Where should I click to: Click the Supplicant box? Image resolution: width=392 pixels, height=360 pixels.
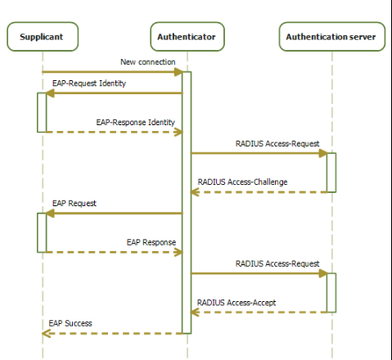pyautogui.click(x=43, y=37)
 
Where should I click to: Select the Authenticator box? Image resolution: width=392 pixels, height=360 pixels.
pyautogui.click(x=187, y=37)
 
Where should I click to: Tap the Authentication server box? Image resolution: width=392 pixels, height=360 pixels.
pyautogui.click(x=332, y=37)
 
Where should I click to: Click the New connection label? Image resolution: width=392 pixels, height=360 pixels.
pyautogui.click(x=148, y=62)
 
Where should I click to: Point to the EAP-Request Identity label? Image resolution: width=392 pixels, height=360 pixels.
pyautogui.click(x=89, y=83)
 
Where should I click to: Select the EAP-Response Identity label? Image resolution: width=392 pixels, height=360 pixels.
pyautogui.click(x=136, y=122)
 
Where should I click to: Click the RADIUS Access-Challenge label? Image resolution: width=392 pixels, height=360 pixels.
pyautogui.click(x=242, y=182)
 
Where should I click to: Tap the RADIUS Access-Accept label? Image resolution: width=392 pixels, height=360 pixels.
pyautogui.click(x=237, y=303)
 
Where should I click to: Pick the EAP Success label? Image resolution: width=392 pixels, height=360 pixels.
pyautogui.click(x=70, y=323)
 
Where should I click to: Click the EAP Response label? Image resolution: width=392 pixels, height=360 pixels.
pyautogui.click(x=151, y=242)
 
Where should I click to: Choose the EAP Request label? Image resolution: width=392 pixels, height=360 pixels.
pyautogui.click(x=74, y=203)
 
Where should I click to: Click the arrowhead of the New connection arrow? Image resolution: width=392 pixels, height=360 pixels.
pyautogui.click(x=178, y=72)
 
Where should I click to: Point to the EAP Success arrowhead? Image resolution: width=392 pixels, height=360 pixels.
pyautogui.click(x=47, y=333)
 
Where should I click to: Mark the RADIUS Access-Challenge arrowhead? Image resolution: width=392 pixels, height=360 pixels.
pyautogui.click(x=195, y=192)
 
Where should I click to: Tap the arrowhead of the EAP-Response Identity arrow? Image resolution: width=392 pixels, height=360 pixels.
pyautogui.click(x=178, y=133)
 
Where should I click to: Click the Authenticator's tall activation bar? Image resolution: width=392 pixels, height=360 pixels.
pyautogui.click(x=187, y=203)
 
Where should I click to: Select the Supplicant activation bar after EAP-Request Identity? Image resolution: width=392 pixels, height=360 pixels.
pyautogui.click(x=42, y=113)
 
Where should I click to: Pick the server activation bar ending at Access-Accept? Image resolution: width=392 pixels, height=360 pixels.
pyautogui.click(x=331, y=293)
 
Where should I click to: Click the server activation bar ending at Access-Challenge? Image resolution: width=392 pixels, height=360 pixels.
pyautogui.click(x=331, y=173)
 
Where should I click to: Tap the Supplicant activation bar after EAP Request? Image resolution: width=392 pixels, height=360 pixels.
pyautogui.click(x=42, y=232)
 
